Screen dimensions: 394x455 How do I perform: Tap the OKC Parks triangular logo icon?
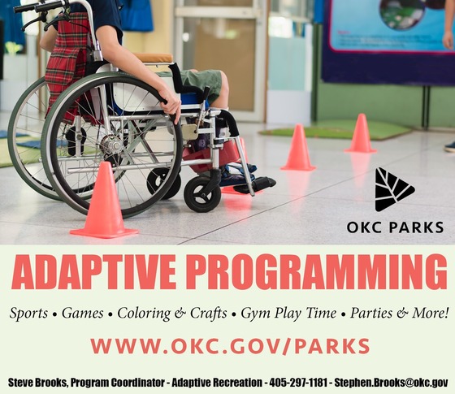click(x=395, y=190)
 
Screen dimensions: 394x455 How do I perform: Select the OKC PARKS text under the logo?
click(x=395, y=227)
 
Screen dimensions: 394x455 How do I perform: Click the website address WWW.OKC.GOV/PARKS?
click(x=231, y=345)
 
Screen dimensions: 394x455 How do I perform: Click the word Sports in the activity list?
click(x=28, y=313)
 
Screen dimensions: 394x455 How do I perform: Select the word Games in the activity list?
click(x=84, y=313)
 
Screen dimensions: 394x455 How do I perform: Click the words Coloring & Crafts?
click(x=172, y=313)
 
